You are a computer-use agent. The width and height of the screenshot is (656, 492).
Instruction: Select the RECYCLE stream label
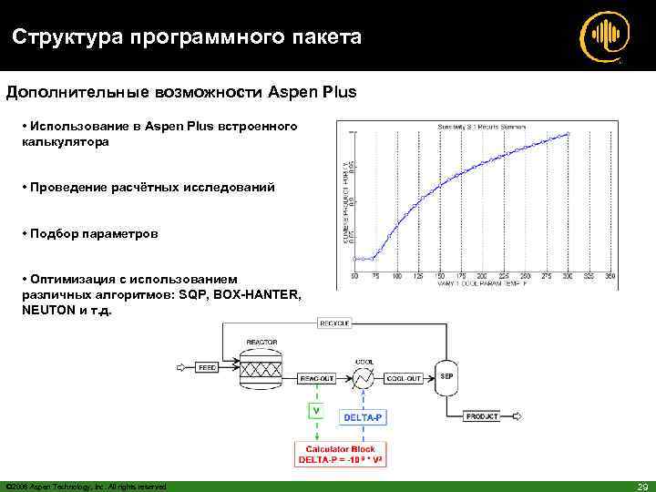tap(333, 323)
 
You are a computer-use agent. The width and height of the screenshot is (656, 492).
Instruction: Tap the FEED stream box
tap(208, 368)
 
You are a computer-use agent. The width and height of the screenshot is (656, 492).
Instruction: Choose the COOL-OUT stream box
tap(404, 377)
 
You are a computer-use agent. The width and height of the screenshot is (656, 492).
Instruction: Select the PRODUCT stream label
tap(482, 416)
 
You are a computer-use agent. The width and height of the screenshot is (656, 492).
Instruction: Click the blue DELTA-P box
tap(364, 417)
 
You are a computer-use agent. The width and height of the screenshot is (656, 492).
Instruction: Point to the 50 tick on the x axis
tap(354, 275)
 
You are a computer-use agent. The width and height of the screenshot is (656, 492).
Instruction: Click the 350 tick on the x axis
tap(610, 275)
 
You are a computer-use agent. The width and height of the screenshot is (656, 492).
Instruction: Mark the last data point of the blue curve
tap(567, 134)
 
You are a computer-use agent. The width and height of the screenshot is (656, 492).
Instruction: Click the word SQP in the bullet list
tap(194, 295)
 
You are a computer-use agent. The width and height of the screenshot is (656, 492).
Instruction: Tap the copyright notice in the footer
tap(86, 486)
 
